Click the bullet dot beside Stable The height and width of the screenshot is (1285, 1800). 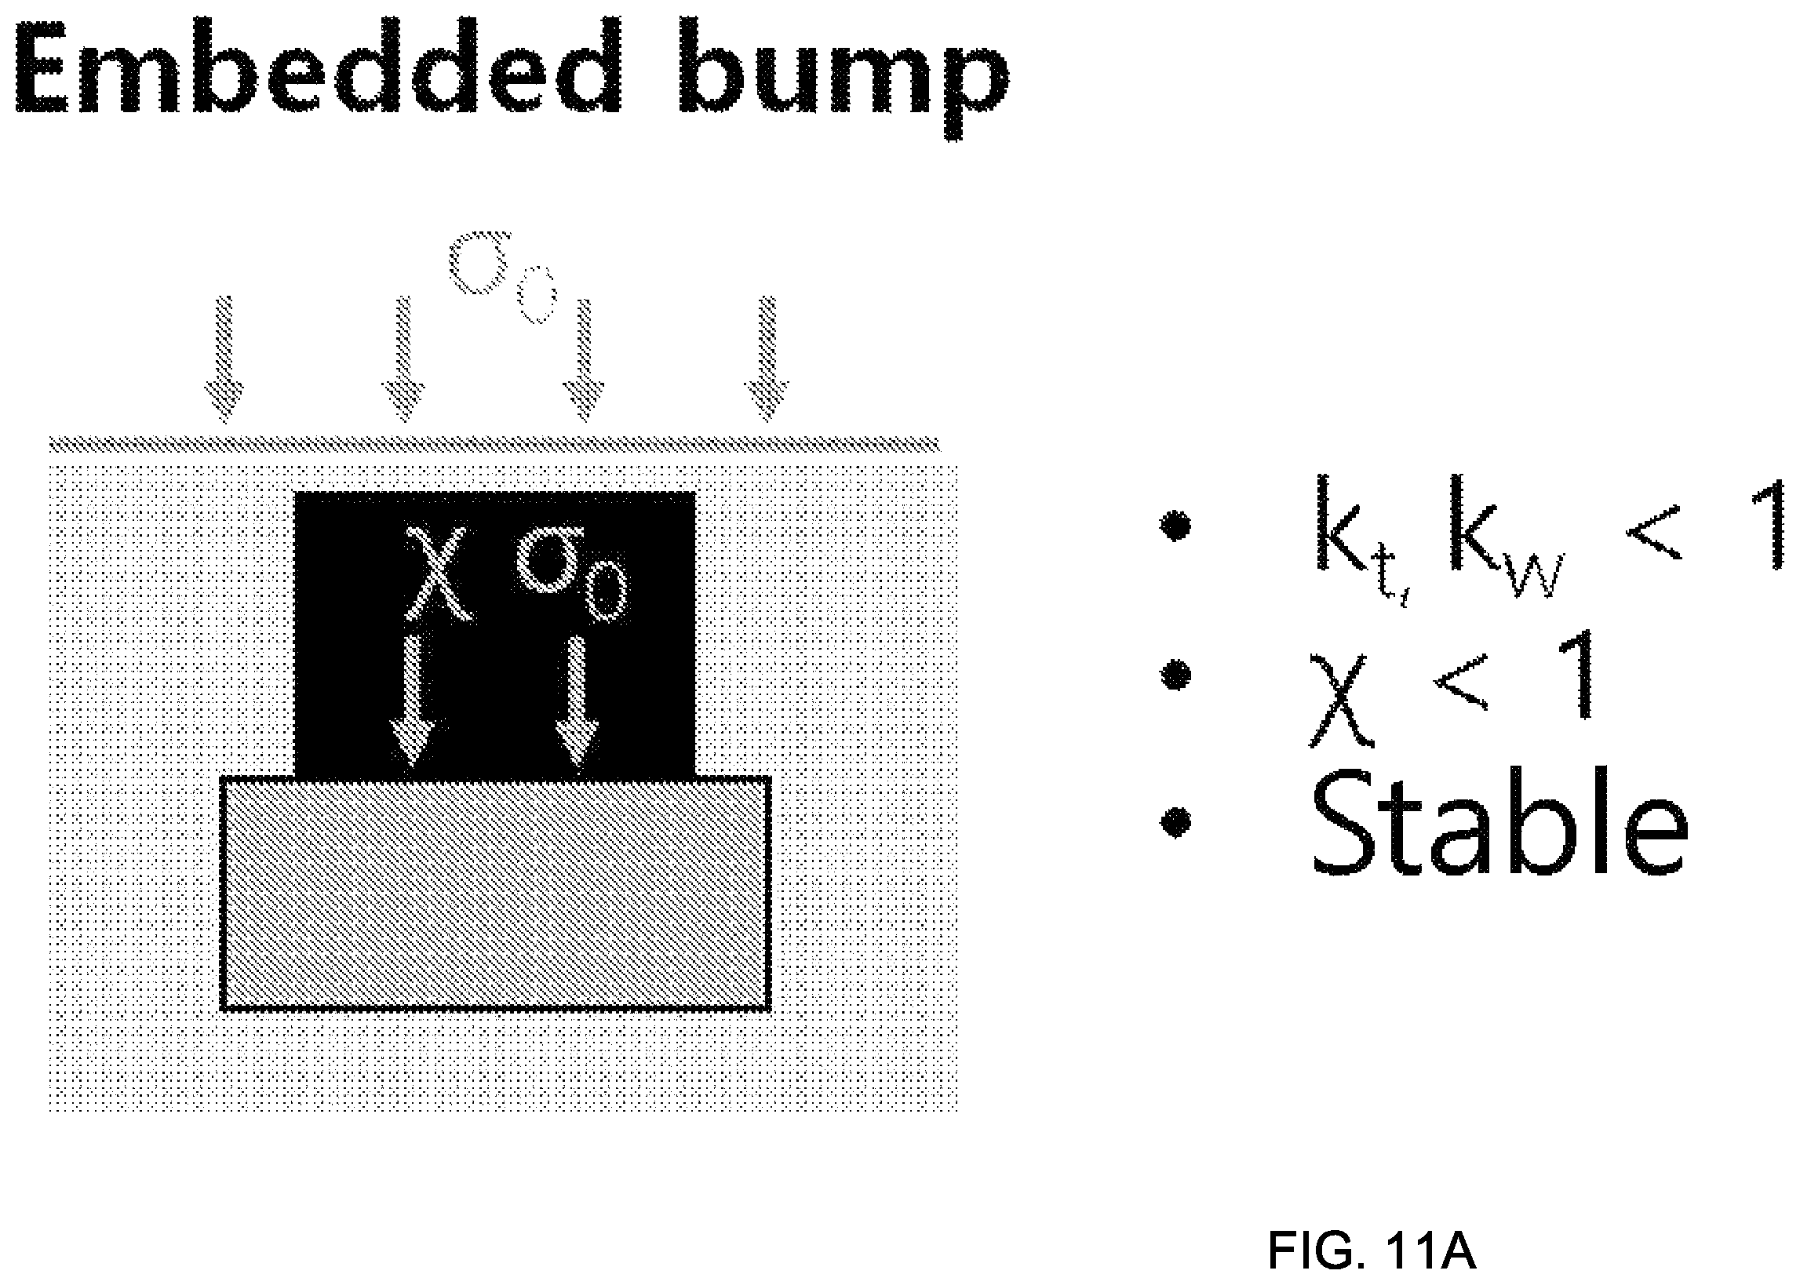coord(1176,821)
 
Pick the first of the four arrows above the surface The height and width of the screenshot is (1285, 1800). coord(224,360)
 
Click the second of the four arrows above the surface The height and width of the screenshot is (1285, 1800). coord(404,360)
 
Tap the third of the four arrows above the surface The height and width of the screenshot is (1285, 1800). coord(584,360)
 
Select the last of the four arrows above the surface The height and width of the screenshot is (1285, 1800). coord(766,360)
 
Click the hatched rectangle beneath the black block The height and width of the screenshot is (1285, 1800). coord(495,894)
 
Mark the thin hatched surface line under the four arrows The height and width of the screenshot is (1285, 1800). coord(495,444)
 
